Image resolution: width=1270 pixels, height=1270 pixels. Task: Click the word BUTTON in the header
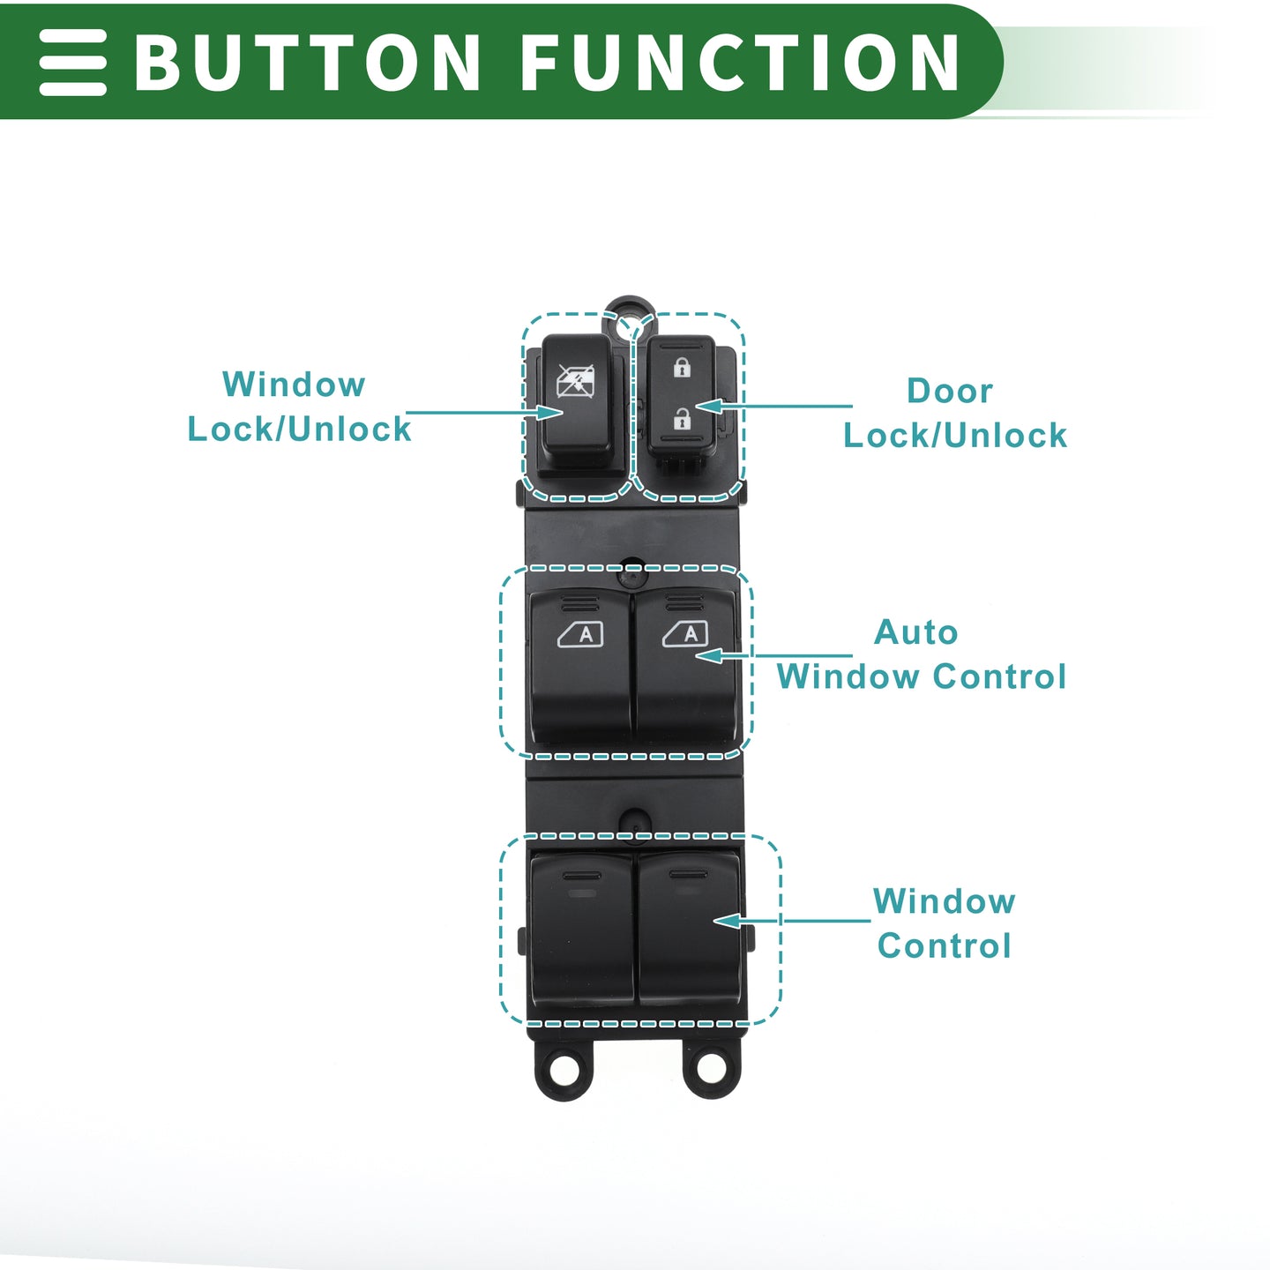tap(307, 62)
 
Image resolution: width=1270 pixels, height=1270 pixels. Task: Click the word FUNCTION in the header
tap(739, 62)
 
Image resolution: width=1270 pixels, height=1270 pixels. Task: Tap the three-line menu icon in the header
tap(72, 62)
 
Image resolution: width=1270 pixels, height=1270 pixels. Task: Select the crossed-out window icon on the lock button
tap(575, 381)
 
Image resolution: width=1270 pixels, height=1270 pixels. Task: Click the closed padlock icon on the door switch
tap(682, 366)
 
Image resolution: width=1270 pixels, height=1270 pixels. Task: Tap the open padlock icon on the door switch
tap(682, 418)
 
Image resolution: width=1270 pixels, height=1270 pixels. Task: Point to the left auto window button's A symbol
tap(580, 634)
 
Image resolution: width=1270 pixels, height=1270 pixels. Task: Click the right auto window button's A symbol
tap(685, 634)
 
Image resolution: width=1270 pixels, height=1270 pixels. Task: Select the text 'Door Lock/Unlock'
tap(954, 413)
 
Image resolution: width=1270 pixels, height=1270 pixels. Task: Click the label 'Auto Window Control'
tap(921, 654)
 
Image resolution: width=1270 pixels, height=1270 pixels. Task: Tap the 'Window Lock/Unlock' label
tap(299, 406)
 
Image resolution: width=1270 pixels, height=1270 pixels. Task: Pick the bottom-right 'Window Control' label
tap(944, 923)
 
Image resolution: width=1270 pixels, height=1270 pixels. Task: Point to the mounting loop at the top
tap(630, 305)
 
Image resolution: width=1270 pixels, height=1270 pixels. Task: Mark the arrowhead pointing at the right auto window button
tap(709, 656)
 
